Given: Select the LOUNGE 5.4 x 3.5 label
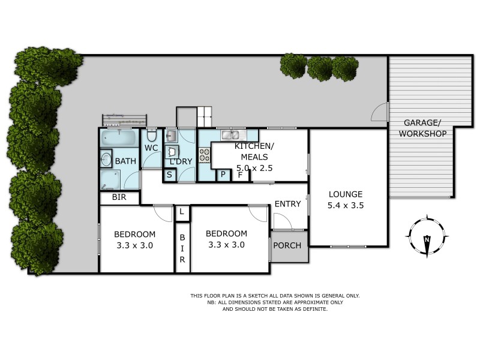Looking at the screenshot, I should click(346, 199).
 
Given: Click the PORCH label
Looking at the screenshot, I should click(287, 245).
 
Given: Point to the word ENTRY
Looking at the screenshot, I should click(287, 204).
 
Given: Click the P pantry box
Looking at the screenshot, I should click(223, 175).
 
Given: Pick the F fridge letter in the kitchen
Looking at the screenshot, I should click(241, 175).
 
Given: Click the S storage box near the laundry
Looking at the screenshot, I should click(170, 175).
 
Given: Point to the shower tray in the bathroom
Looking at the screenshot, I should click(110, 179).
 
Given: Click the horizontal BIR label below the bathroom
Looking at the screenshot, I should click(119, 197).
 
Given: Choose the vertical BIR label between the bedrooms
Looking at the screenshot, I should click(182, 247).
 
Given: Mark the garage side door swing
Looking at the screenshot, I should click(380, 113).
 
